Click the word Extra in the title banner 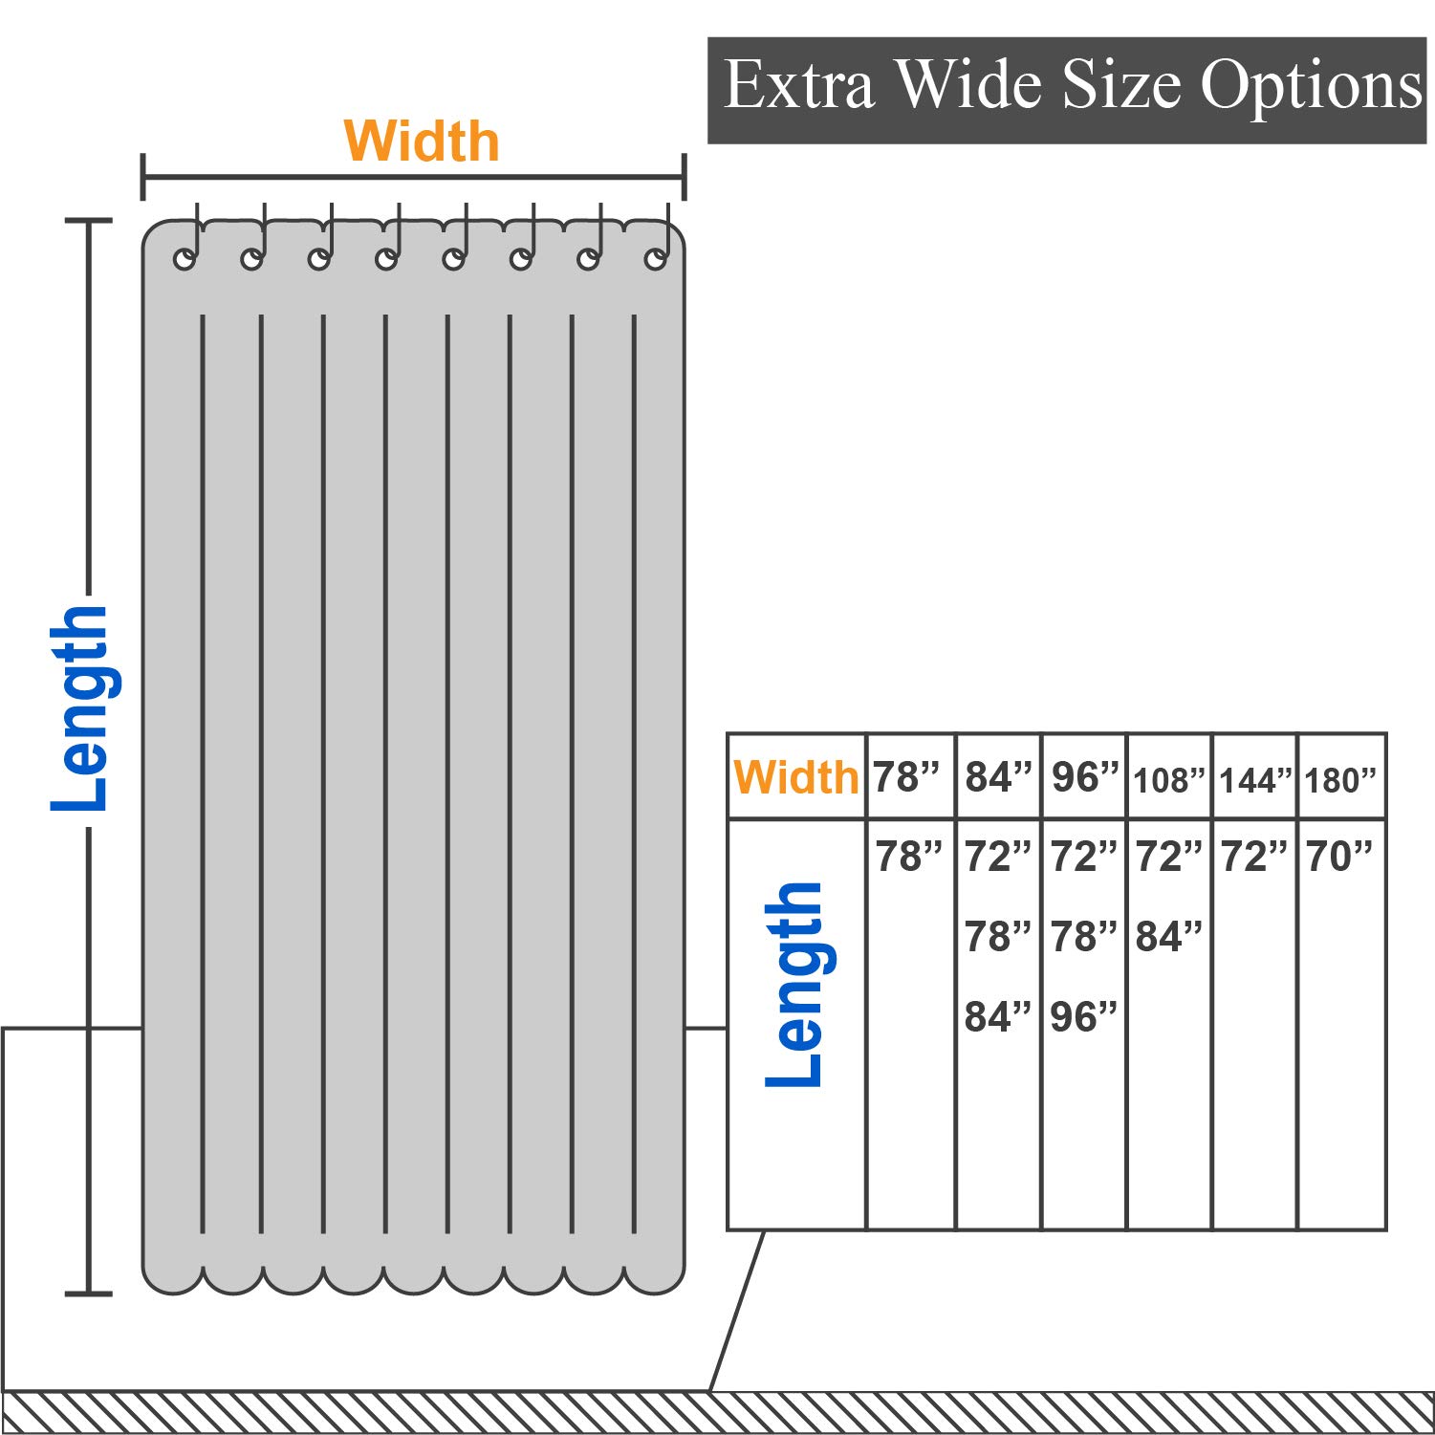pyautogui.click(x=799, y=86)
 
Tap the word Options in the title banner pyautogui.click(x=1312, y=88)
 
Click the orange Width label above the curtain pyautogui.click(x=422, y=141)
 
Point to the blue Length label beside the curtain pyautogui.click(x=80, y=708)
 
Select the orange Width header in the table pyautogui.click(x=796, y=777)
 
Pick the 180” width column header pyautogui.click(x=1340, y=780)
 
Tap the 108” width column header pyautogui.click(x=1169, y=780)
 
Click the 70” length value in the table pyautogui.click(x=1339, y=857)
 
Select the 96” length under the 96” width pyautogui.click(x=1083, y=1016)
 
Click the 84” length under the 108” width pyautogui.click(x=1168, y=937)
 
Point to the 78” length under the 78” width pyautogui.click(x=908, y=857)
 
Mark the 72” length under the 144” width pyautogui.click(x=1254, y=857)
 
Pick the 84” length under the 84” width pyautogui.click(x=998, y=1016)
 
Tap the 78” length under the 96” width pyautogui.click(x=1083, y=937)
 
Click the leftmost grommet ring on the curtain pyautogui.click(x=185, y=258)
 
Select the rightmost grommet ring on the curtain pyautogui.click(x=656, y=258)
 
